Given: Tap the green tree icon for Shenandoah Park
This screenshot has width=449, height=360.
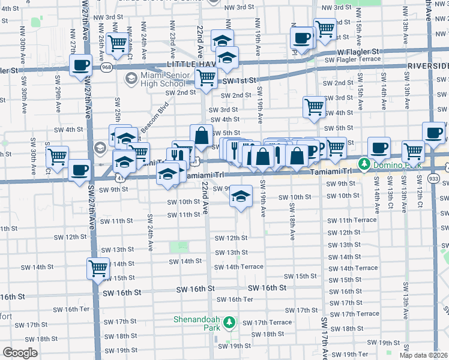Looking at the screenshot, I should pyautogui.click(x=229, y=323).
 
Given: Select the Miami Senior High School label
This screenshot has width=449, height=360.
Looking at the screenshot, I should pyautogui.click(x=160, y=79).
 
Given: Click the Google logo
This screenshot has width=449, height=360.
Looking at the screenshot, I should pyautogui.click(x=20, y=353).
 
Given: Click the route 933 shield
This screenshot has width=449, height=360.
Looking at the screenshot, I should pyautogui.click(x=434, y=178).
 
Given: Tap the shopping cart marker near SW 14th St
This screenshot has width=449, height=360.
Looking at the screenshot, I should pyautogui.click(x=98, y=269).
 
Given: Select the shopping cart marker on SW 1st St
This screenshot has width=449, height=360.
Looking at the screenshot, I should pyautogui.click(x=206, y=78).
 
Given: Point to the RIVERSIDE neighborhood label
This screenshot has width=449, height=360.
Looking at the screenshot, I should pyautogui.click(x=428, y=65).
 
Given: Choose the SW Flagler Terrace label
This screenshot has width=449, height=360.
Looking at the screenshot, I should pyautogui.click(x=352, y=59).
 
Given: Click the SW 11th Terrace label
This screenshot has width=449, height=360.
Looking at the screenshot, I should pyautogui.click(x=352, y=221).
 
